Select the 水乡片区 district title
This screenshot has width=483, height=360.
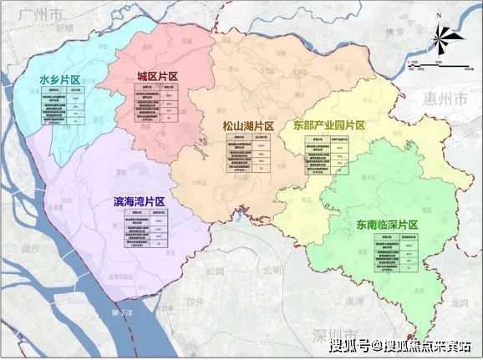click(59, 79)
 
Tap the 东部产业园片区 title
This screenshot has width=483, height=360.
click(329, 125)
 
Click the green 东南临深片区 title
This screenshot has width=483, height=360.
click(384, 225)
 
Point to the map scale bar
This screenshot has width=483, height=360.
click(426, 63)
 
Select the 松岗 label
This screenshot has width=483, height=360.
click(215, 271)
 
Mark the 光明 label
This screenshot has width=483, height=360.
click(272, 271)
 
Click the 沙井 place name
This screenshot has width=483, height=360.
click(194, 301)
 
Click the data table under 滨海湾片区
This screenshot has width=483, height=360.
click(143, 229)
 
